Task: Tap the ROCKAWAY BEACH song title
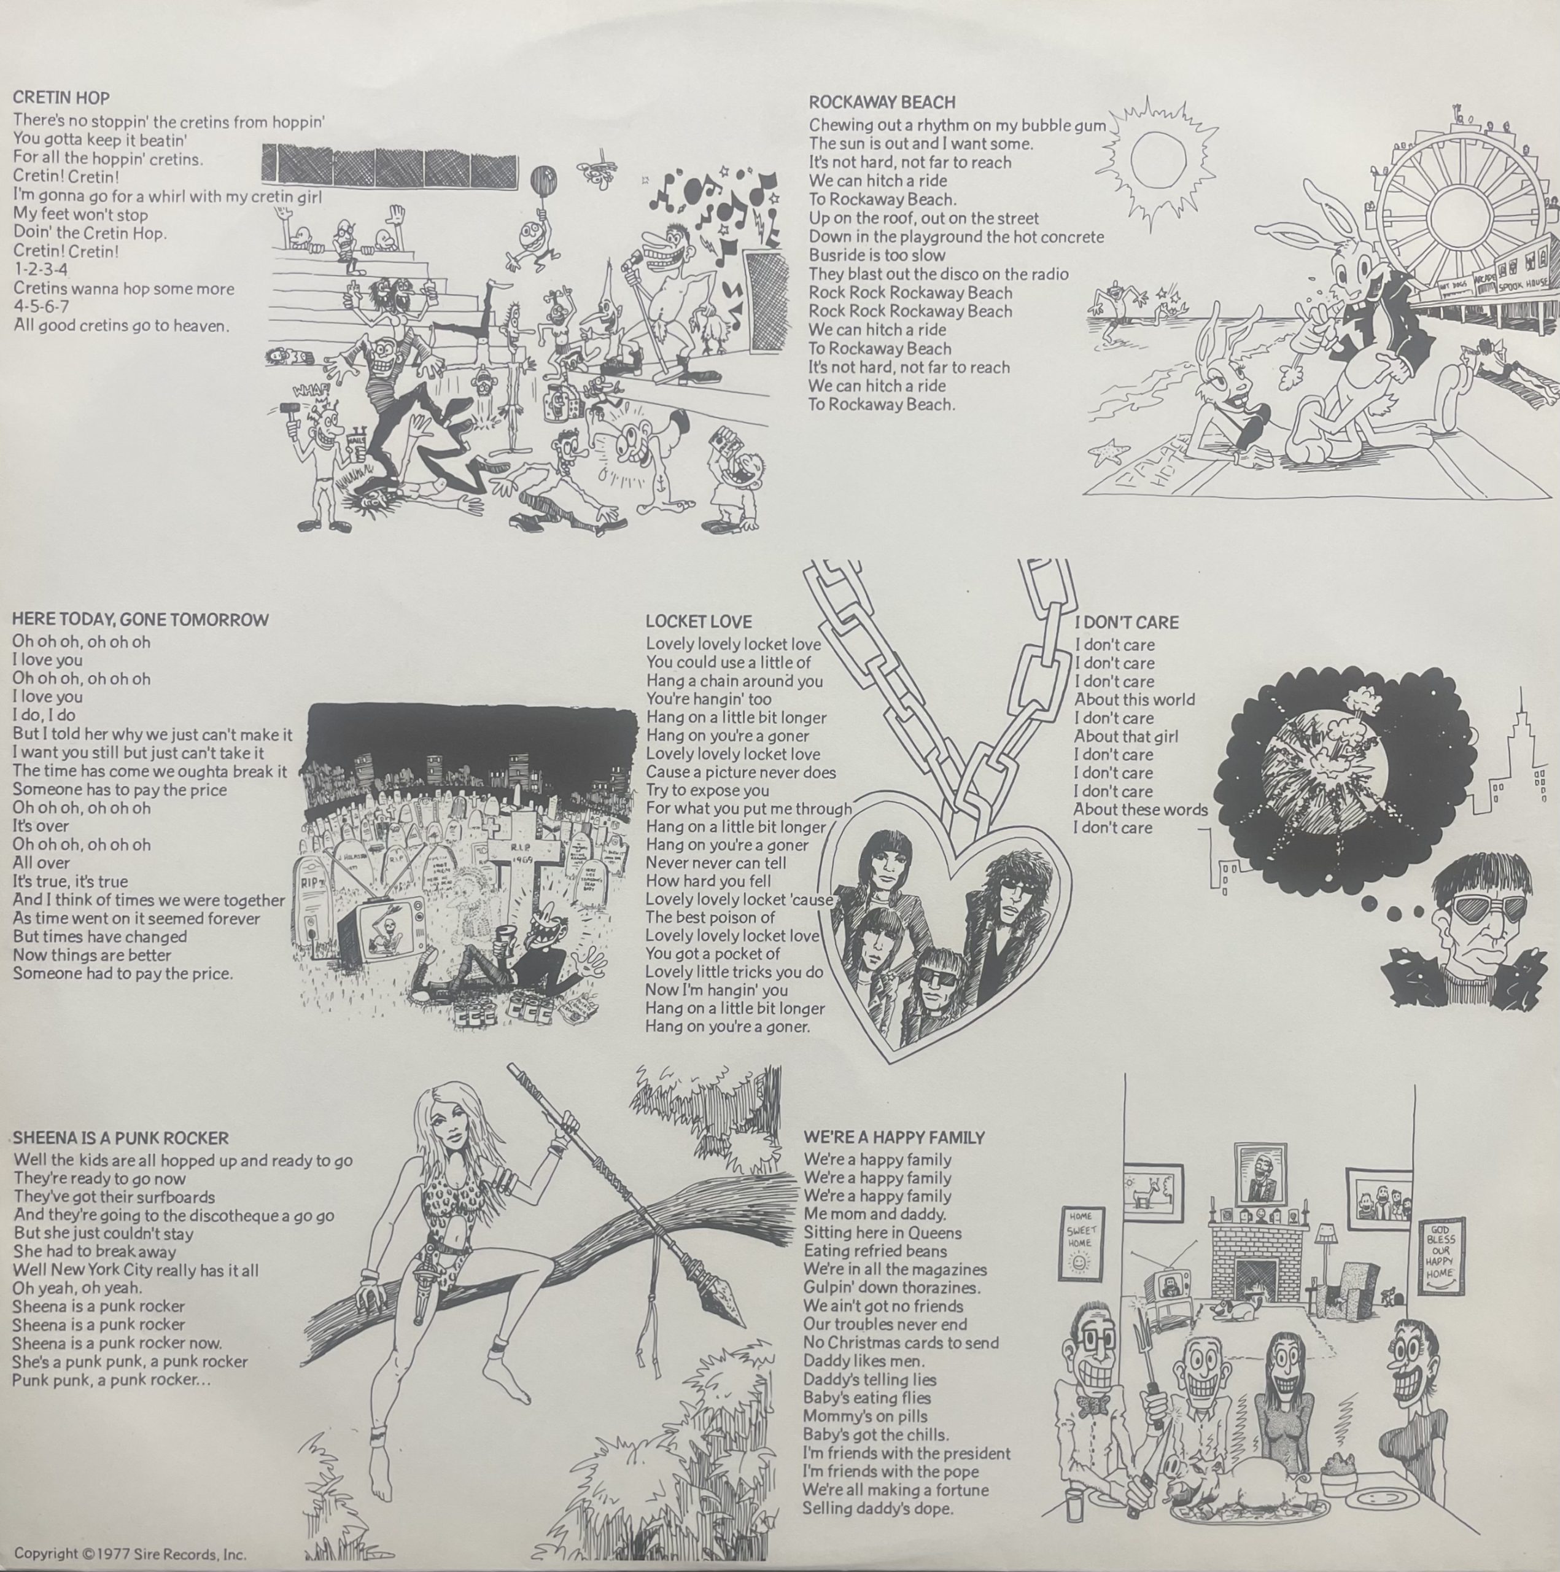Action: click(882, 103)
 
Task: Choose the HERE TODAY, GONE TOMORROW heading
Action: click(140, 619)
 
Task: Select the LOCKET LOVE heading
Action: click(699, 621)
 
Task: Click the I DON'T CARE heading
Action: click(1127, 623)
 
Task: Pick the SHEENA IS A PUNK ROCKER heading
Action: click(120, 1138)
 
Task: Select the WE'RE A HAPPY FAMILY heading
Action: click(894, 1137)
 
